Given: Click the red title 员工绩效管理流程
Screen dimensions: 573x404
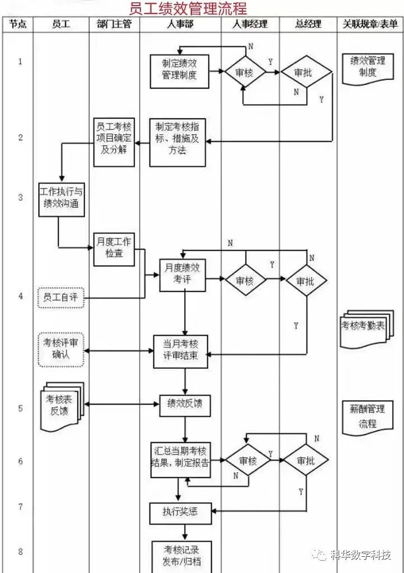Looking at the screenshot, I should (x=188, y=8).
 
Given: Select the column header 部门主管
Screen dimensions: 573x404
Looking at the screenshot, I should (x=114, y=24).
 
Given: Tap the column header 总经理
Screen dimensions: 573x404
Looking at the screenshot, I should (x=309, y=24).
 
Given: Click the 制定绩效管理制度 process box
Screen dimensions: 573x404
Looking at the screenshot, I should (x=180, y=71).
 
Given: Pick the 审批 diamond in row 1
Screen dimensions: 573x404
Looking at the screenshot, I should (x=306, y=72).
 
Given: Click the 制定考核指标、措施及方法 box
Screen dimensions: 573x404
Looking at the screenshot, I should (x=177, y=139).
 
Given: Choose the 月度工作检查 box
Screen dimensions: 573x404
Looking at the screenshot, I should (x=114, y=248).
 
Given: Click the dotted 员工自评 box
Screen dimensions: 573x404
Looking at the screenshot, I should (x=61, y=297).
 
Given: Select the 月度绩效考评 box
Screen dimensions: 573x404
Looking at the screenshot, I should (x=182, y=275).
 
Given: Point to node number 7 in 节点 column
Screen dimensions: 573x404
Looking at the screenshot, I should (x=21, y=507).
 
